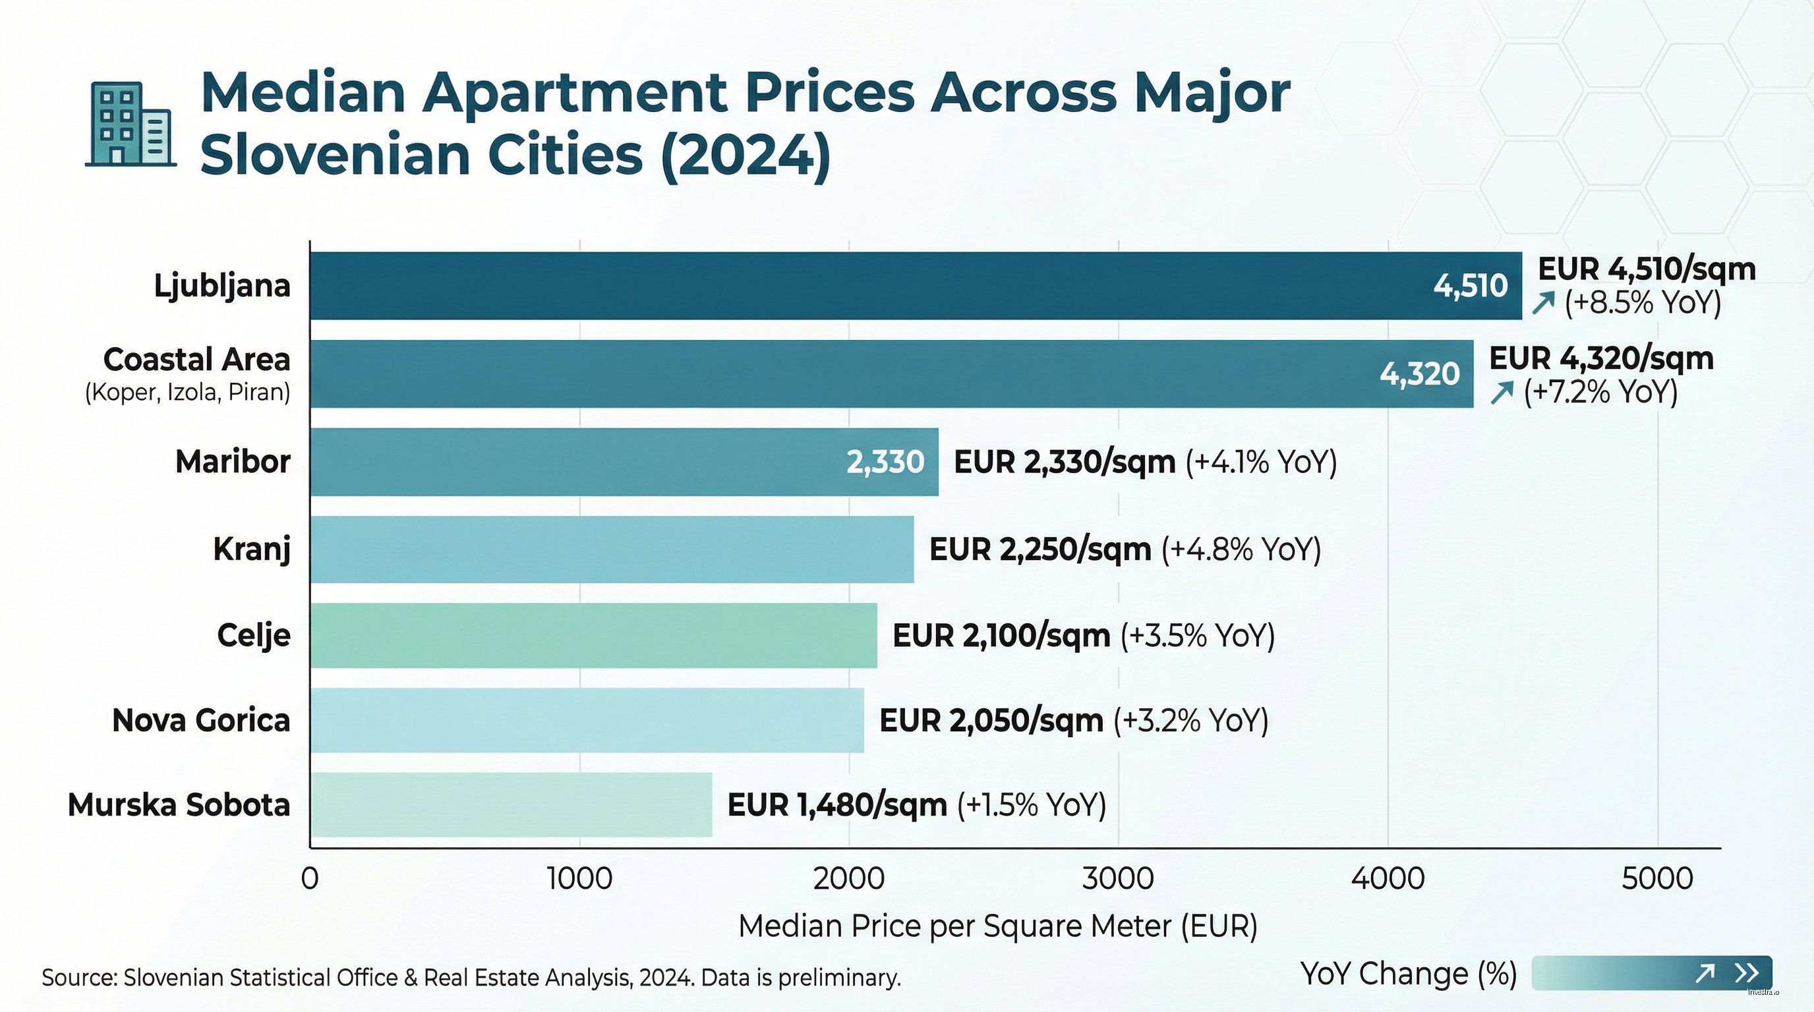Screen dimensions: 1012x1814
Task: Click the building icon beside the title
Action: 131,125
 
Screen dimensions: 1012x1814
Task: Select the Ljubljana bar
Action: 845,286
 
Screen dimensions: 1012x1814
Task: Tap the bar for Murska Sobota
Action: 512,804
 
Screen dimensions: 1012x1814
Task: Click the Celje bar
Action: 594,636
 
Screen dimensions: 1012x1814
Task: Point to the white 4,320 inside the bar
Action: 1419,374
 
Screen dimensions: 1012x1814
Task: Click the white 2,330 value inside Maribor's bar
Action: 885,463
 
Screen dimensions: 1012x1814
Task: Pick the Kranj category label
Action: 251,549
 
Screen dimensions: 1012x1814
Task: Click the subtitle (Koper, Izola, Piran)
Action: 187,392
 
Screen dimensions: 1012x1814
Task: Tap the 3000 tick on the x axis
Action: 1117,879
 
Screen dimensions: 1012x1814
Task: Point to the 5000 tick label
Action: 1657,879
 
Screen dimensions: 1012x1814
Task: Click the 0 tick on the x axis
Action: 310,879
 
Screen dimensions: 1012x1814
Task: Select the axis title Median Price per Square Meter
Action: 997,926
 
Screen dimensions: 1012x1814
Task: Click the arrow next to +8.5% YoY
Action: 1543,303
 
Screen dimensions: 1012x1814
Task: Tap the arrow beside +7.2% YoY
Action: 1502,392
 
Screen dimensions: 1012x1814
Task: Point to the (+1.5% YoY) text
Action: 1032,805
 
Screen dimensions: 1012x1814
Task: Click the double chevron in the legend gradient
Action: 1746,973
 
